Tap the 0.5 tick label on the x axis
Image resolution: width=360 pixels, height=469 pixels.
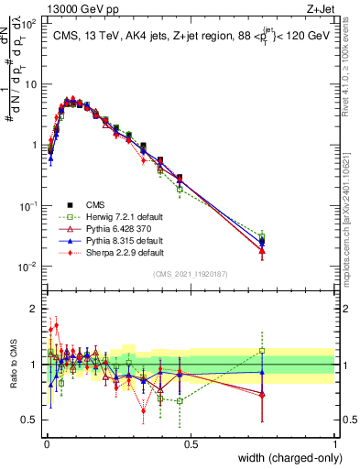[191, 442]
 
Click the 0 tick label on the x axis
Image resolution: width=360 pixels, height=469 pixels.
[46, 442]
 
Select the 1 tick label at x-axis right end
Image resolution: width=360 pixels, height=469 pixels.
[335, 442]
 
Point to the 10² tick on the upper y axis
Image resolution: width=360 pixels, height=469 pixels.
[29, 25]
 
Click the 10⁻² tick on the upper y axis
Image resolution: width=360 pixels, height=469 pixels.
[29, 267]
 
